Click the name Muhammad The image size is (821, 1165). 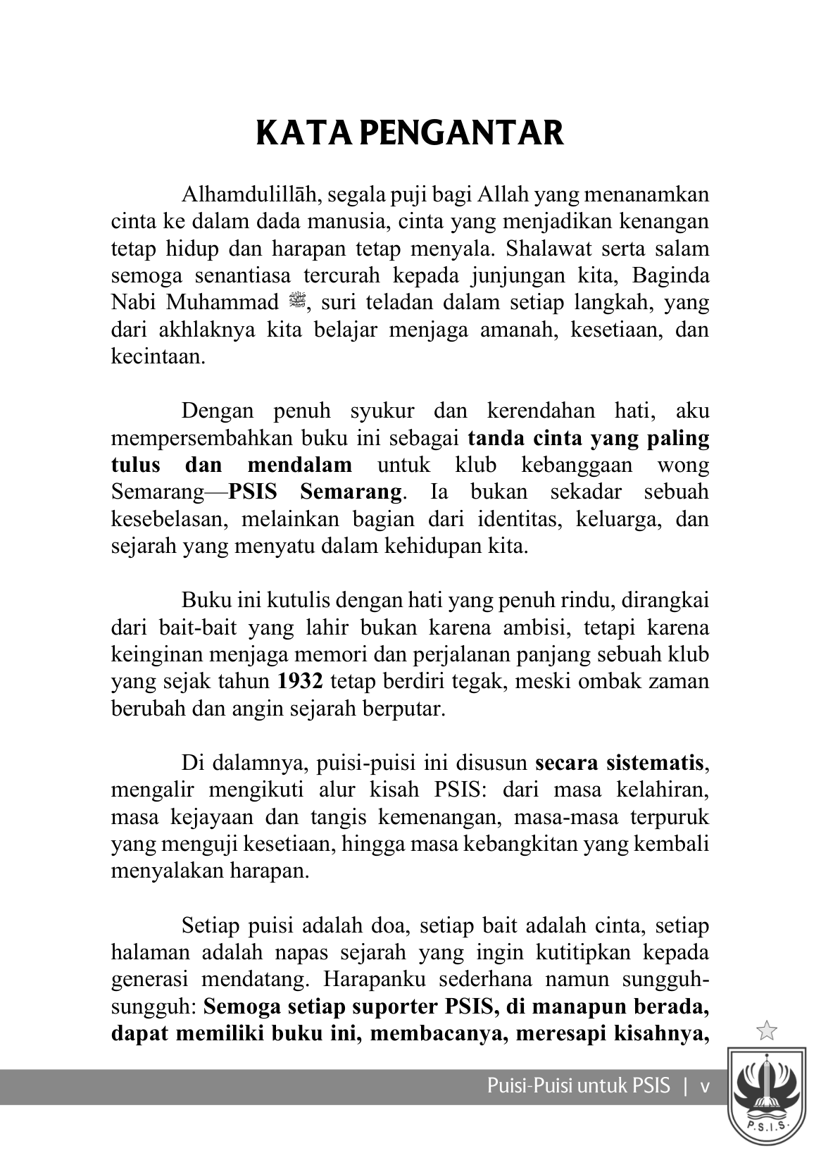coord(223,303)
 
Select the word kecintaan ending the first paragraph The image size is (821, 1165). coord(158,356)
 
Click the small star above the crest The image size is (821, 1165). coord(766,1031)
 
